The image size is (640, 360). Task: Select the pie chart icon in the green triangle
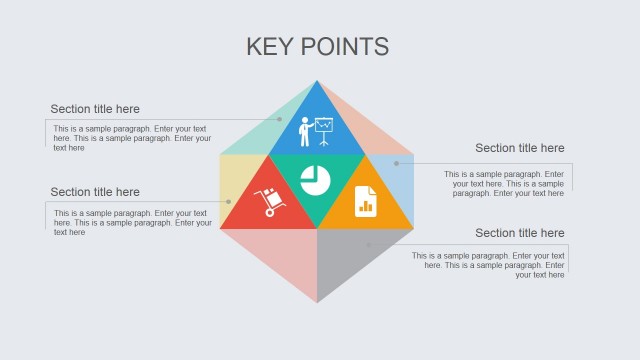(316, 181)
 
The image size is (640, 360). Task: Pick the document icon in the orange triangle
(365, 200)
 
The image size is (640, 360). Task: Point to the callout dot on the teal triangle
(279, 119)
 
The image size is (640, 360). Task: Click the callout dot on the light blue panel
(396, 163)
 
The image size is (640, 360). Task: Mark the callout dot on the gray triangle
(368, 244)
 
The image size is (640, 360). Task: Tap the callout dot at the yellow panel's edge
(228, 202)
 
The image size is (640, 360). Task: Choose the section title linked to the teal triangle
(95, 109)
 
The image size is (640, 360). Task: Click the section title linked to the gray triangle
(519, 233)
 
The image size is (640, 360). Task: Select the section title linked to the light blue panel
(519, 148)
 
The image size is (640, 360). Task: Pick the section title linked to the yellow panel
(95, 192)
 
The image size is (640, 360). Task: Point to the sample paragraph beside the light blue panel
(504, 183)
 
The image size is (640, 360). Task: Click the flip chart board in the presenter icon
(323, 125)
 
